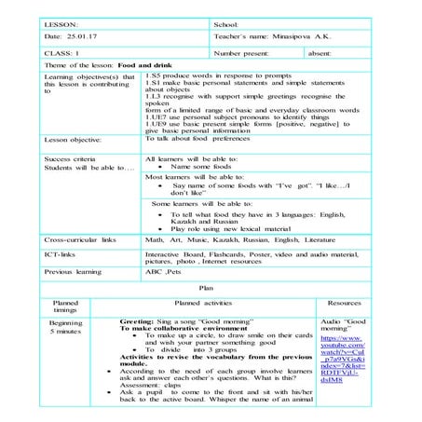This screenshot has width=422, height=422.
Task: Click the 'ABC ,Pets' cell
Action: coord(162,272)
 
